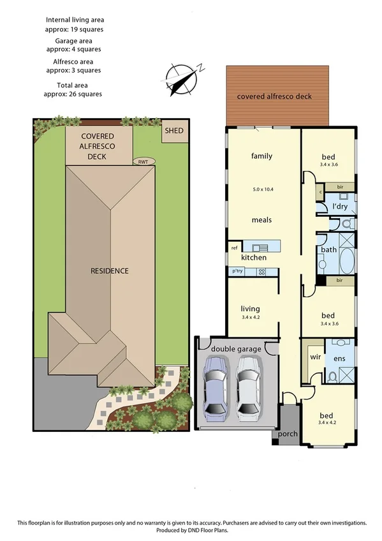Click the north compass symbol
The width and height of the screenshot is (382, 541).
click(x=183, y=79)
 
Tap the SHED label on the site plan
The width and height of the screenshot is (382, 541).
click(x=174, y=131)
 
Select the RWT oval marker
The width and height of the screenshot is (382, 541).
click(x=143, y=161)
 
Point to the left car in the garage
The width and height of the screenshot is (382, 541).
click(x=215, y=386)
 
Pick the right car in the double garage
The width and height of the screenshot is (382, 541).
click(x=248, y=386)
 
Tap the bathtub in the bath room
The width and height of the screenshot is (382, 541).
click(x=346, y=261)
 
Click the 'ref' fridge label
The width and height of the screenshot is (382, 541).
click(x=234, y=248)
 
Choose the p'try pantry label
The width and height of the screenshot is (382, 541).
click(x=238, y=272)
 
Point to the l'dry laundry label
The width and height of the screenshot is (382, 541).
click(x=340, y=207)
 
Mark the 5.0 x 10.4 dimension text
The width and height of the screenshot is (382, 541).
click(x=261, y=189)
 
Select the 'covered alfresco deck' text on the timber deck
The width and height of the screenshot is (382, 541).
click(x=274, y=97)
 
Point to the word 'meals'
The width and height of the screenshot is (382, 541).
click(x=261, y=219)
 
